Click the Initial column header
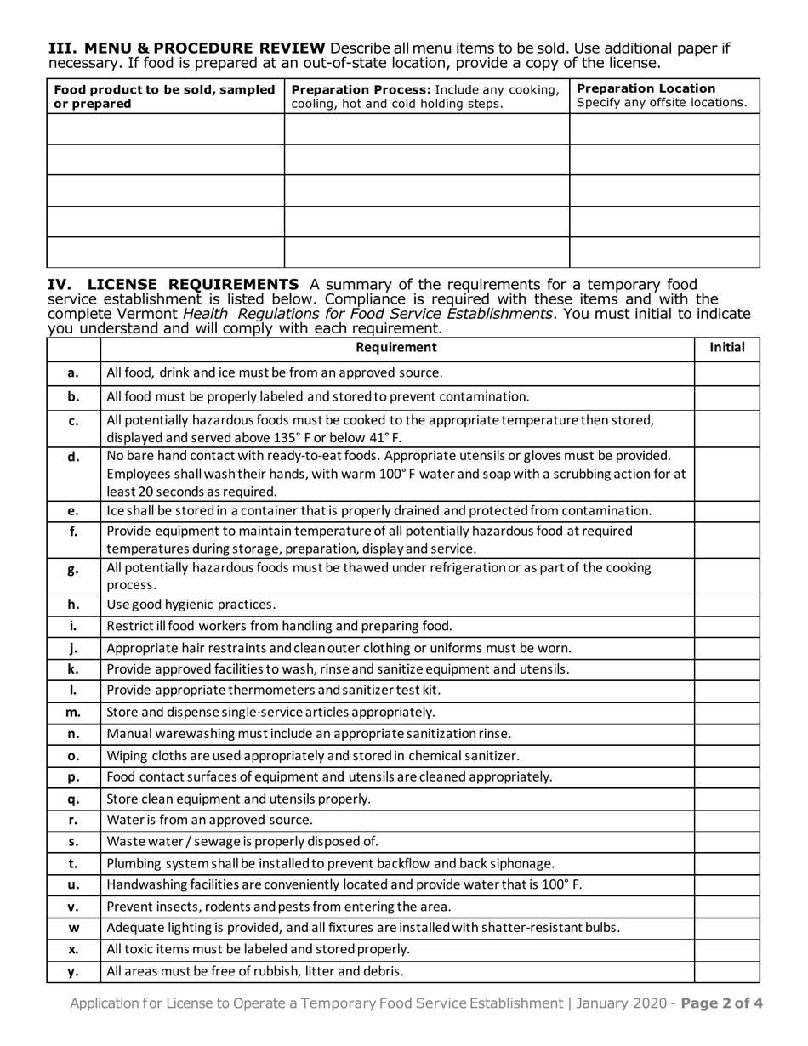[x=727, y=347]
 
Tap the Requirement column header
[x=396, y=347]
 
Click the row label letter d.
[x=73, y=458]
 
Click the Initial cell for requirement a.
[x=727, y=372]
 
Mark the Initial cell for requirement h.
[x=727, y=605]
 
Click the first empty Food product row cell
[x=164, y=128]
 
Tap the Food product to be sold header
[x=164, y=96]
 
